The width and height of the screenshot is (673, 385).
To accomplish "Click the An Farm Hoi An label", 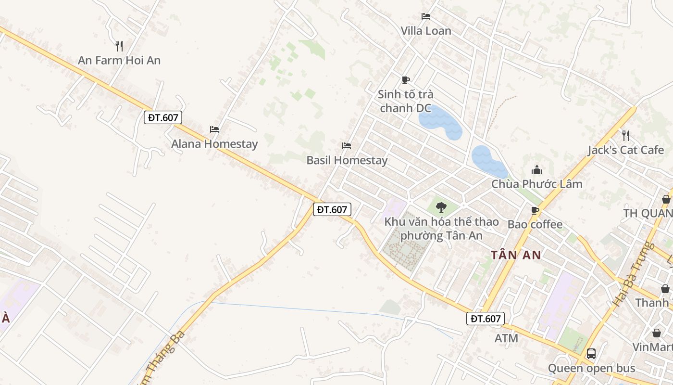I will [119, 61].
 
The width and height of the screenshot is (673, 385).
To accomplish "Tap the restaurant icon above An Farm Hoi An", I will [119, 46].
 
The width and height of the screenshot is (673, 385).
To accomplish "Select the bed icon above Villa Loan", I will [426, 16].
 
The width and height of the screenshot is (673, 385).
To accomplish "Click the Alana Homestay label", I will [214, 144].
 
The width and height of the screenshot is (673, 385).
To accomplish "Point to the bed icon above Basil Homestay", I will [347, 145].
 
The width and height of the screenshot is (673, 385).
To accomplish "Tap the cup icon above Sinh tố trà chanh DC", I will [406, 80].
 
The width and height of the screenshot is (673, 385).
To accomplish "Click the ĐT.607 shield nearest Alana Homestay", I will [163, 117].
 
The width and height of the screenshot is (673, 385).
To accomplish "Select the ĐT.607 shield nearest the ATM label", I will [486, 319].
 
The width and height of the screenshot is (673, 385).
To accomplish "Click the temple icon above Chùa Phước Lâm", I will [536, 170].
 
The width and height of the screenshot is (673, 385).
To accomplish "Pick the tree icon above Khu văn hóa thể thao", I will [441, 208].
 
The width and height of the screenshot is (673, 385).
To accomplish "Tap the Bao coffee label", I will [535, 225].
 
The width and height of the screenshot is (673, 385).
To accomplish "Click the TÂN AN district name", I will [516, 255].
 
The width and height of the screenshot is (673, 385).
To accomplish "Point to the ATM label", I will [507, 338].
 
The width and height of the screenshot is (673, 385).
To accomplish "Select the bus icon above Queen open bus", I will [591, 354].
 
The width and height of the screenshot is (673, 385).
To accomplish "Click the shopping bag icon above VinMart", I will [656, 333].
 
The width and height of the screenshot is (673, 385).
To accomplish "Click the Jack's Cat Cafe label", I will [626, 150].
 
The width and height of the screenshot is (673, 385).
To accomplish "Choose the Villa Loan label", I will [426, 31].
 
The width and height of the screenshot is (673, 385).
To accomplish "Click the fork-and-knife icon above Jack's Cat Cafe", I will [625, 135].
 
